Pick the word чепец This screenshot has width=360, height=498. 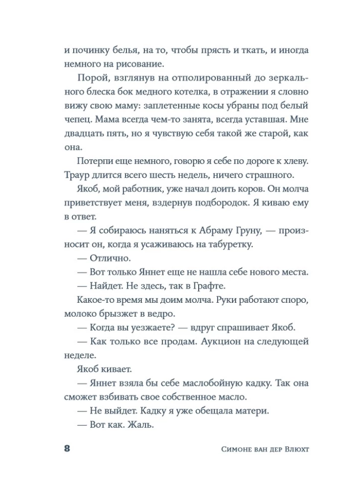[78, 120]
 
